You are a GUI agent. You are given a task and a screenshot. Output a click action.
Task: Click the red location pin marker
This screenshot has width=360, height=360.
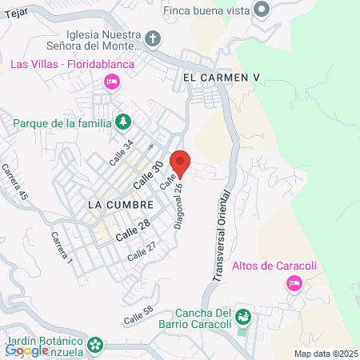pos(180,162)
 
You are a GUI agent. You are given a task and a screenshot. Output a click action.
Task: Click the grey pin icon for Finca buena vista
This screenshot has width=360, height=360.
pos(262,10)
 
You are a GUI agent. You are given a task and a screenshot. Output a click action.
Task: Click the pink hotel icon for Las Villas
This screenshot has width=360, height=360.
pos(113,81)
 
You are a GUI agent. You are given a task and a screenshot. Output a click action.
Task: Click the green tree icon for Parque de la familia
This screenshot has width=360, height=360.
pos(123,122)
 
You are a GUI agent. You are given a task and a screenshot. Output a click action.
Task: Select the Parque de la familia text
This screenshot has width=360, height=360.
pos(62,123)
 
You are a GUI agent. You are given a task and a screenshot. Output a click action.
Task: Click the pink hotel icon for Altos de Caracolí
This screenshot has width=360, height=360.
pos(294,282)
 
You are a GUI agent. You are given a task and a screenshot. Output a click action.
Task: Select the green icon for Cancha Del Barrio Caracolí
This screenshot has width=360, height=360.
pos(245,318)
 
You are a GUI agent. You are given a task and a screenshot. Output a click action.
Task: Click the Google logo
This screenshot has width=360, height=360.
pos(26,350)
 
